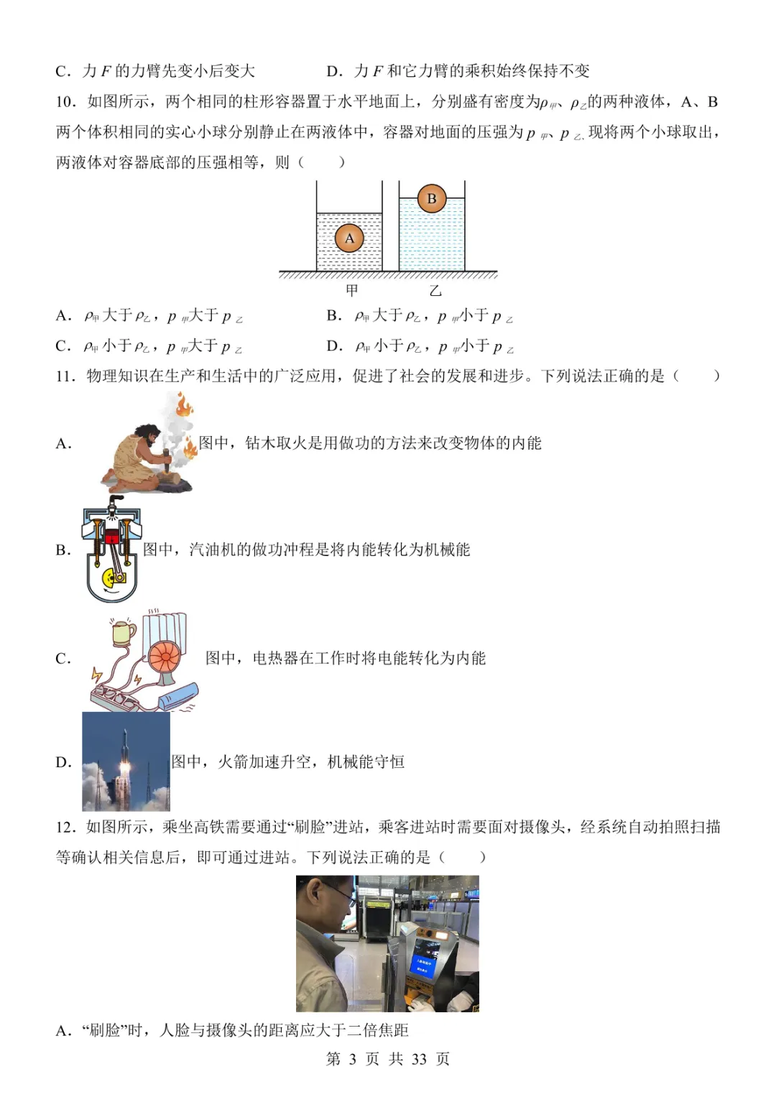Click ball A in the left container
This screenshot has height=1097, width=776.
coord(350,239)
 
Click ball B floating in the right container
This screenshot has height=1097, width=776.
coord(432,198)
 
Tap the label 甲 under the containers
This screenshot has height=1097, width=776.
coord(352,290)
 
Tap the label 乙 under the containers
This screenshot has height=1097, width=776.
coord(435,290)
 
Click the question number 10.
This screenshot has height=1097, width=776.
coord(65,102)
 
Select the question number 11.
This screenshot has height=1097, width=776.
coord(65,376)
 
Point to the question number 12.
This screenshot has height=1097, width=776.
coord(65,827)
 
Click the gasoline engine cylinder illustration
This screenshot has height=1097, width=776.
coord(111,550)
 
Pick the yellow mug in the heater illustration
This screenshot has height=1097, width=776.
coord(124,631)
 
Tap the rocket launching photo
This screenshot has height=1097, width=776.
coord(126,762)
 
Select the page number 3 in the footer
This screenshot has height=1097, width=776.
coord(352,1059)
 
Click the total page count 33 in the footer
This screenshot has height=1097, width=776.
coord(419,1059)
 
